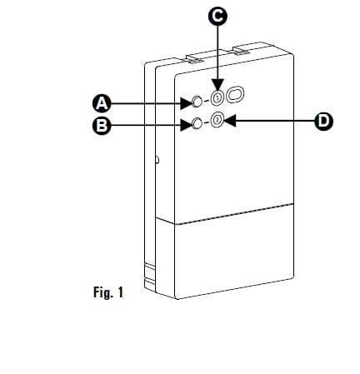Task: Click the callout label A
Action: click(x=102, y=103)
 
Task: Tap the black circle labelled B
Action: click(x=102, y=126)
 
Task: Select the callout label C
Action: click(x=217, y=16)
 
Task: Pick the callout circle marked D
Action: click(x=324, y=121)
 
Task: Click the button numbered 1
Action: click(x=217, y=97)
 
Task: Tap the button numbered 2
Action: click(x=217, y=120)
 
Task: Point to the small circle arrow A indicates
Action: click(x=197, y=102)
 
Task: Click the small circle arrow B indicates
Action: click(x=197, y=123)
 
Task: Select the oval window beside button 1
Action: click(x=235, y=95)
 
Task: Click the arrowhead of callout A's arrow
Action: click(x=187, y=103)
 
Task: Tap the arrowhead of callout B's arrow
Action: click(x=187, y=125)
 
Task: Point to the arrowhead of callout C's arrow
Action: click(x=217, y=85)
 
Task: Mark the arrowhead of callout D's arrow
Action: click(x=229, y=121)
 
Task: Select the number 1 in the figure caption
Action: click(x=120, y=292)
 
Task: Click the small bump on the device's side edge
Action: click(x=157, y=160)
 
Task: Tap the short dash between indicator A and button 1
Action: click(x=207, y=101)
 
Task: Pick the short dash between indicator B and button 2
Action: click(x=206, y=122)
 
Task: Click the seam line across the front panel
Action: click(x=234, y=213)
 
